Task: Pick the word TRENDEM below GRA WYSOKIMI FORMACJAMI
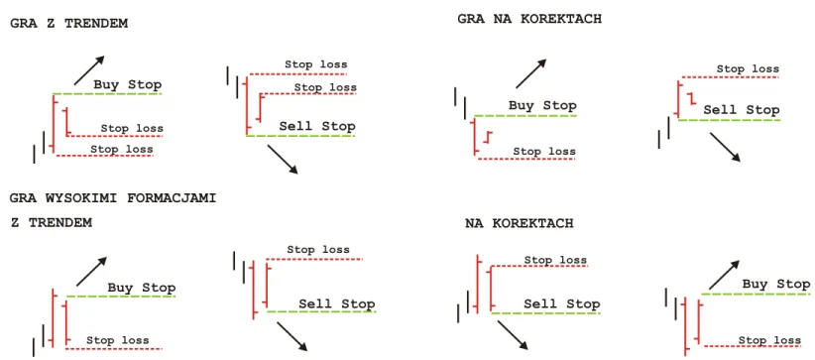click(60, 223)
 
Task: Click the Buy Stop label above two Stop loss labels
click(128, 85)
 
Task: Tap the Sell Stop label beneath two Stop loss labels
click(317, 126)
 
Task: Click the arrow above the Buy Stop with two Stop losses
click(89, 69)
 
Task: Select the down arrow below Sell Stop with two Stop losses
click(283, 160)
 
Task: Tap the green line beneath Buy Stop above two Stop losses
click(107, 93)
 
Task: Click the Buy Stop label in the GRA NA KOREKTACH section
click(542, 106)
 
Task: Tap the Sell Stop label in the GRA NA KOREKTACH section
click(742, 110)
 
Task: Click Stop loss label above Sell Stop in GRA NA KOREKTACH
click(748, 68)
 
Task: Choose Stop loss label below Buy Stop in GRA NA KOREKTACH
click(544, 152)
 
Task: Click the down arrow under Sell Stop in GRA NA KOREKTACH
click(725, 147)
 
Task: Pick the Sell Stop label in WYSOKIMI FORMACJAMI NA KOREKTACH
click(562, 304)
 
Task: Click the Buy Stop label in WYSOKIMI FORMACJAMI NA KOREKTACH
click(776, 285)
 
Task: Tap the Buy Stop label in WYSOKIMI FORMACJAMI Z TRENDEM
click(142, 288)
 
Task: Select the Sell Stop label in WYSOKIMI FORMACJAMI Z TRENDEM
click(337, 303)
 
